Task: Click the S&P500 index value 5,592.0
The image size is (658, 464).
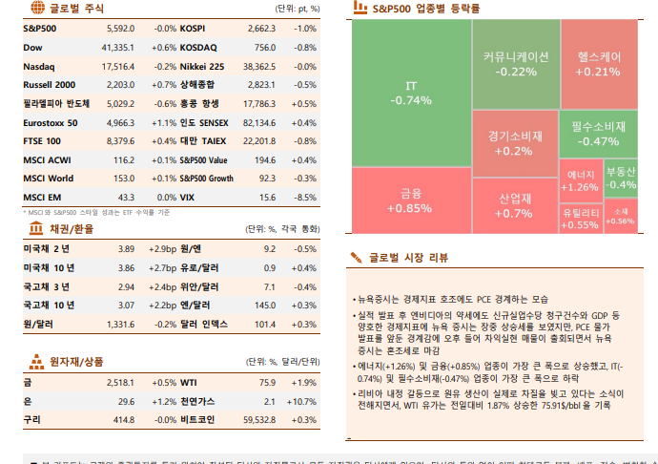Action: click(x=121, y=29)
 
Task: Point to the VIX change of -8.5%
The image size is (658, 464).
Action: click(x=305, y=197)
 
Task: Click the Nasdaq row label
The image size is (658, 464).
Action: click(x=39, y=66)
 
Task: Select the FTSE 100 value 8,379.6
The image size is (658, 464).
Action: click(x=121, y=140)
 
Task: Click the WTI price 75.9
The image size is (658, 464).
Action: click(x=266, y=381)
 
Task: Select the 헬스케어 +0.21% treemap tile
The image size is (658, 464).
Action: click(x=598, y=64)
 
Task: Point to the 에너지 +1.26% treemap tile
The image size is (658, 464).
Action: click(x=581, y=180)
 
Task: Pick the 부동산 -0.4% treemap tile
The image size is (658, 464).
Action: click(x=622, y=178)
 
